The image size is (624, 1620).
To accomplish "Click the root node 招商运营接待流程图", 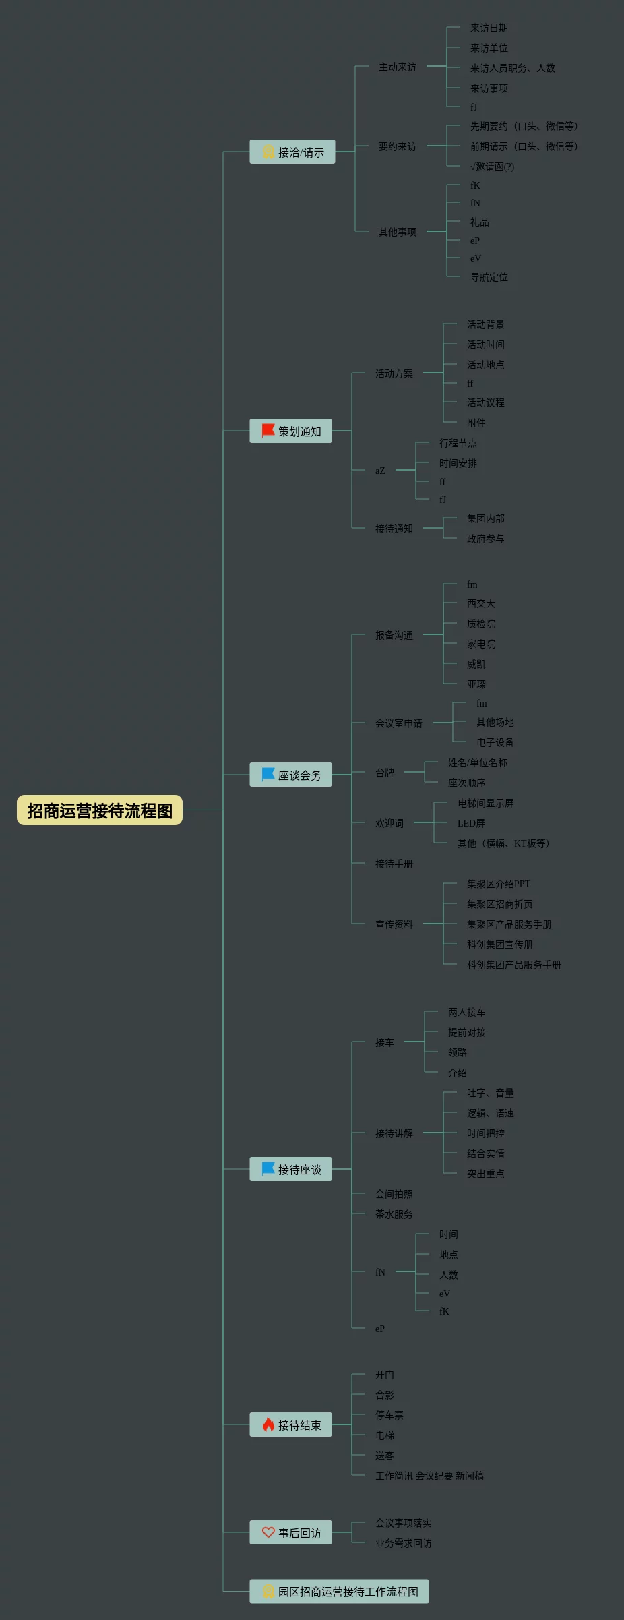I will tap(100, 810).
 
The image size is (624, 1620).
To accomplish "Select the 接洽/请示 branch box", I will tap(292, 152).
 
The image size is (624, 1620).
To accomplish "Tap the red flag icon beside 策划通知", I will tap(268, 430).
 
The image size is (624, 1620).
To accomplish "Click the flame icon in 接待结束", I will tap(268, 1424).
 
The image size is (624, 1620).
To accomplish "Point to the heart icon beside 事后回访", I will tap(268, 1532).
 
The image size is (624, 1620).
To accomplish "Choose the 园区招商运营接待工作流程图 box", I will tap(339, 1592).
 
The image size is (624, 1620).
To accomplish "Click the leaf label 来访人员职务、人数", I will tap(512, 68).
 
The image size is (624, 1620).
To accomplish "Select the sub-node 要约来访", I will tap(397, 146).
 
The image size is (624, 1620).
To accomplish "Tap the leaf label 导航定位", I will tap(489, 277).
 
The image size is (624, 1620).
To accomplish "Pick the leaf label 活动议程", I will tap(485, 402).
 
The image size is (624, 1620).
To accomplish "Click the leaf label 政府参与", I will tap(485, 539).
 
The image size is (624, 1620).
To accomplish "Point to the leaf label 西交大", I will tap(480, 603).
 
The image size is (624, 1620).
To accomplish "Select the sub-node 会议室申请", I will tap(398, 723).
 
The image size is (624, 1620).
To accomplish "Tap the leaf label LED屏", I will tap(471, 823).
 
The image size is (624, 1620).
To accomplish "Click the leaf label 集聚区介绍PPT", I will tap(498, 884).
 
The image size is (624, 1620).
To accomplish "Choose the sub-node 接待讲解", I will tap(394, 1133).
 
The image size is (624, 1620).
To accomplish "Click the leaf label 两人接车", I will tap(466, 1012).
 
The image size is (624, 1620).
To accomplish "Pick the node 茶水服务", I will tap(394, 1214).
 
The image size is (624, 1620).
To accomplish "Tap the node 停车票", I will tap(389, 1415).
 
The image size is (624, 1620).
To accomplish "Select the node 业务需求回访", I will tap(403, 1543).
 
